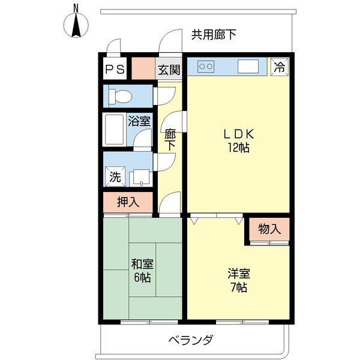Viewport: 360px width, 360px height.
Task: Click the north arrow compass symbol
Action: point(76,23)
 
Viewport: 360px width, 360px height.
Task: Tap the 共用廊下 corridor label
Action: point(214,35)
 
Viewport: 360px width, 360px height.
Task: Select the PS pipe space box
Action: point(115,69)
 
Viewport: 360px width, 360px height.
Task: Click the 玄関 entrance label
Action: point(169,70)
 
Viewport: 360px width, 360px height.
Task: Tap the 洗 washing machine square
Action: point(114,177)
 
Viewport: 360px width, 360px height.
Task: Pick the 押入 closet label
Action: point(128,202)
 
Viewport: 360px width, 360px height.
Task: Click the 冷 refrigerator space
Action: point(279,67)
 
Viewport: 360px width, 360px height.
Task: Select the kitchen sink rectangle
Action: point(248,66)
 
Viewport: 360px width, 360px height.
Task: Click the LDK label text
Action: point(239,134)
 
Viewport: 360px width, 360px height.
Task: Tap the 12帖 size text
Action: point(239,148)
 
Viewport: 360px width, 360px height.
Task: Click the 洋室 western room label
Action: point(238,274)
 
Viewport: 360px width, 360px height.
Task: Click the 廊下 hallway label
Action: point(170,140)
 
